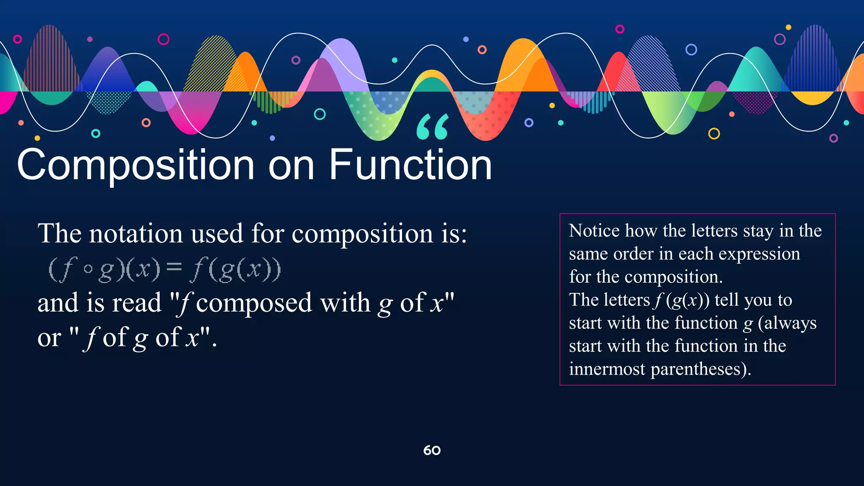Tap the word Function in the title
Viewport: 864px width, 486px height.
click(x=410, y=165)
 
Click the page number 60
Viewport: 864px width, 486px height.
click(x=432, y=451)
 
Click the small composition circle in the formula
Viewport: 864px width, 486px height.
click(x=88, y=269)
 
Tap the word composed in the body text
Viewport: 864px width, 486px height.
click(x=254, y=303)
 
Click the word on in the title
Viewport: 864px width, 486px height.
click(x=292, y=165)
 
